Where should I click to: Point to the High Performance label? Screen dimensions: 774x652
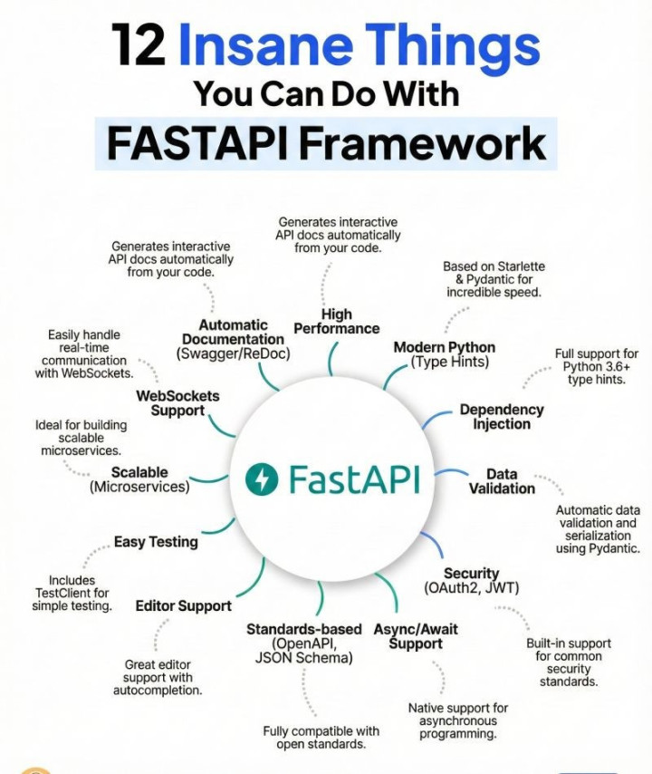(336, 321)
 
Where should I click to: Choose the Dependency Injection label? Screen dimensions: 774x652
(501, 417)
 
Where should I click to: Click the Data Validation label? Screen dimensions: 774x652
(502, 481)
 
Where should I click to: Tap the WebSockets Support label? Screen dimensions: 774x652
(177, 403)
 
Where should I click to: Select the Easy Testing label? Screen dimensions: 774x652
(156, 542)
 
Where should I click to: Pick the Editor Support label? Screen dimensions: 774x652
(183, 605)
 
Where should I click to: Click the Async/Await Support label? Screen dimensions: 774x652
(416, 636)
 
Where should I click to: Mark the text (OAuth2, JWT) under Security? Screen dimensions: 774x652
(471, 588)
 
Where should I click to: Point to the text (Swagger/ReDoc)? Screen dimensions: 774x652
(234, 353)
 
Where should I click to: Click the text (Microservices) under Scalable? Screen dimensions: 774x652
(139, 487)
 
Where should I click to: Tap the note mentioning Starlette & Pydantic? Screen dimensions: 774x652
(494, 280)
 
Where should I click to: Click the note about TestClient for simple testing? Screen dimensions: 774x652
(72, 593)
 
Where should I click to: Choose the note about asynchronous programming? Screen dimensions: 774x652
(458, 721)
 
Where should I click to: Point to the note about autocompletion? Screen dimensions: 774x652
(158, 677)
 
